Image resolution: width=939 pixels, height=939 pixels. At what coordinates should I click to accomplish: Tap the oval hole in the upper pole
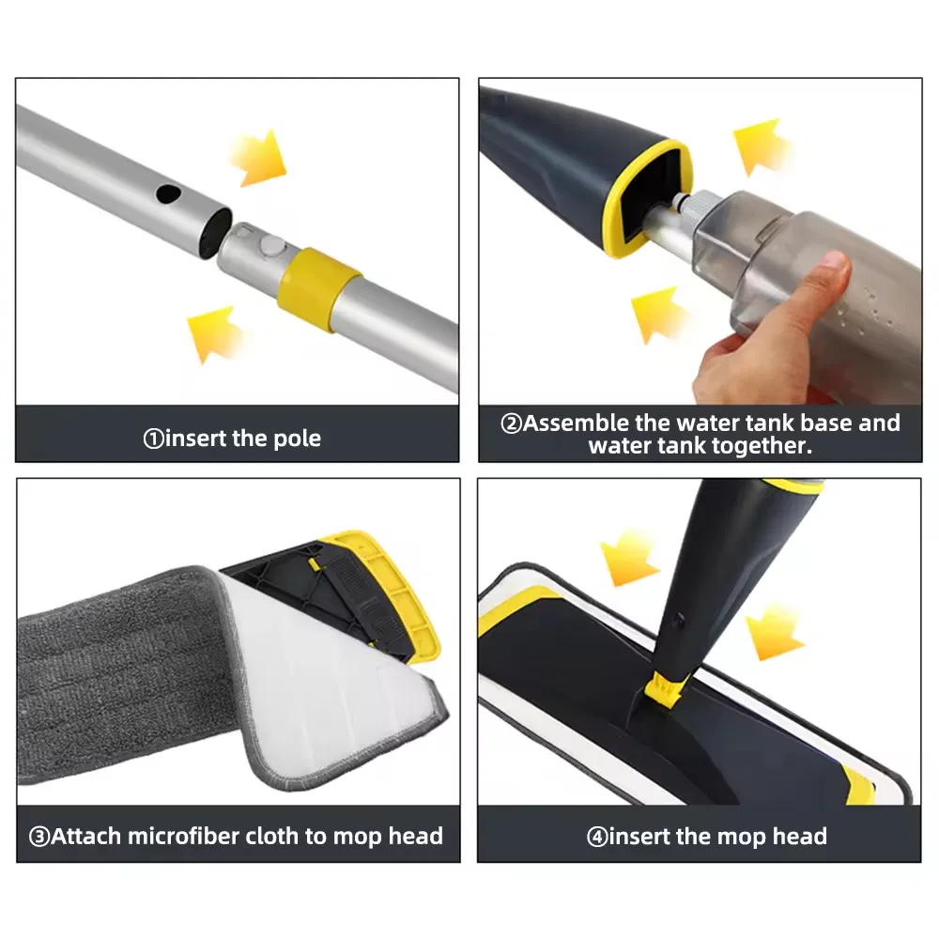tap(167, 194)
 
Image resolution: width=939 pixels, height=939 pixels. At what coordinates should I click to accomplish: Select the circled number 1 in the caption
tap(152, 439)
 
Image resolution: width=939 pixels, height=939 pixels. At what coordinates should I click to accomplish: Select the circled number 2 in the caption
tap(511, 423)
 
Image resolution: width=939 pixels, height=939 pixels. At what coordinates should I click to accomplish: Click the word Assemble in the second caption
tap(579, 423)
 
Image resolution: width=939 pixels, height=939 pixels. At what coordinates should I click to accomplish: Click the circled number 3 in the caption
tap(39, 837)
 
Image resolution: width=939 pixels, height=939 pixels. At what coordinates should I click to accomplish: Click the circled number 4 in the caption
tap(597, 837)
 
